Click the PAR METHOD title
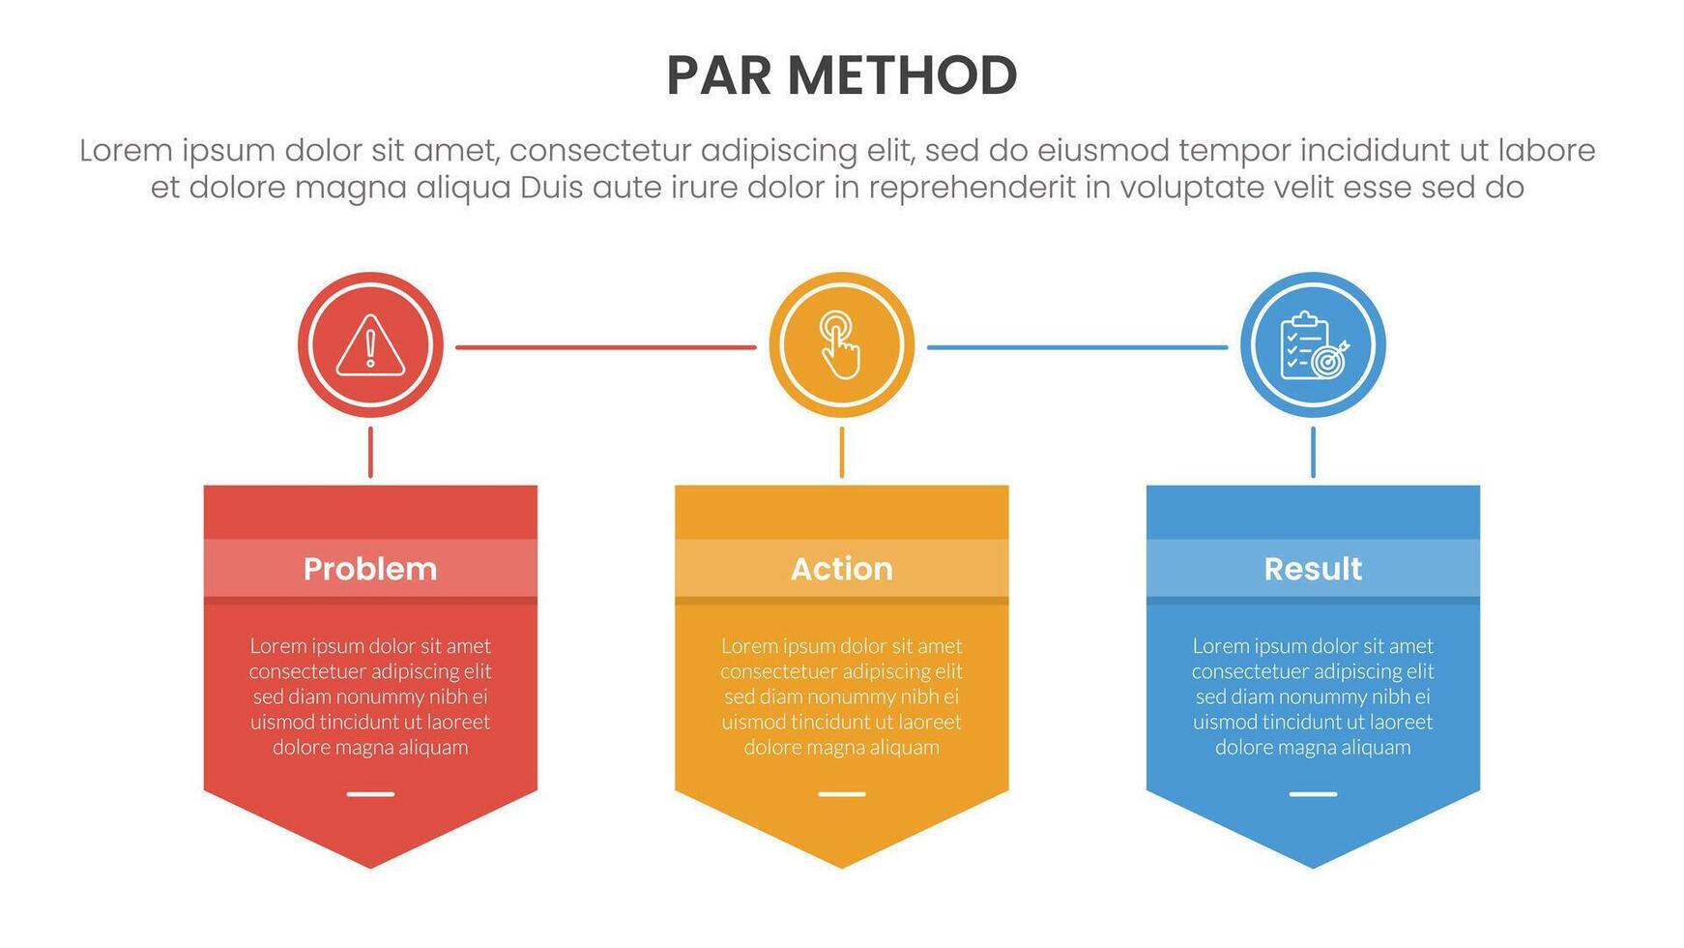pos(841,75)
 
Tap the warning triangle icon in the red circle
pos(370,345)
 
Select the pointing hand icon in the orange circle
pos(841,345)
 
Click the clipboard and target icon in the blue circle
pos(1313,345)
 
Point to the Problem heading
pos(370,569)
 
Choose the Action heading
pos(841,569)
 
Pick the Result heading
pos(1313,569)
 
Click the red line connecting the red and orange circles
pos(606,347)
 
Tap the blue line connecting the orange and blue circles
pos(1077,347)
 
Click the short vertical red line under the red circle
pos(370,452)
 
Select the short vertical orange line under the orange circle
pos(842,452)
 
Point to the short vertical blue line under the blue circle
pos(1313,452)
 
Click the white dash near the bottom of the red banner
pos(370,794)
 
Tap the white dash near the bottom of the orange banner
pos(842,794)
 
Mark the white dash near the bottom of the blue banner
pos(1313,794)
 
